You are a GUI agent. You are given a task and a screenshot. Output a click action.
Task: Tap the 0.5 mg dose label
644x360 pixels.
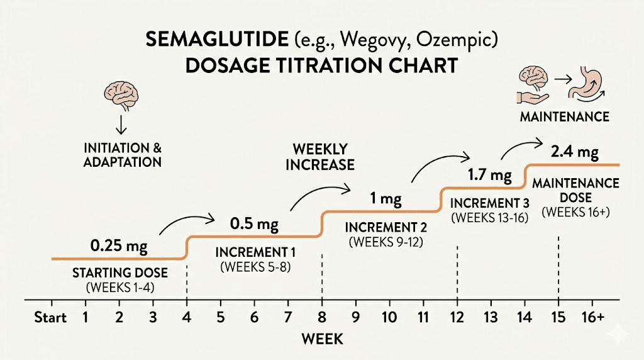pyautogui.click(x=255, y=224)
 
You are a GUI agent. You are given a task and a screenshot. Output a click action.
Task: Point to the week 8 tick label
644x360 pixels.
pyautogui.click(x=322, y=318)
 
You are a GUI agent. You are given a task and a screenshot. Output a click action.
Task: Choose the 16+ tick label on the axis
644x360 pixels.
pyautogui.click(x=592, y=318)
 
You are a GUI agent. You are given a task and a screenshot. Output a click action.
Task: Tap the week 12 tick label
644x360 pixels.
pyautogui.click(x=457, y=318)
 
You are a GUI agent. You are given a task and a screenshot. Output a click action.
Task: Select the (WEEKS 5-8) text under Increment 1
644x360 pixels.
pyautogui.click(x=255, y=267)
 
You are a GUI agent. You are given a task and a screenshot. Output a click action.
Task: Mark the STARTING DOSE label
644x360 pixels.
pyautogui.click(x=119, y=273)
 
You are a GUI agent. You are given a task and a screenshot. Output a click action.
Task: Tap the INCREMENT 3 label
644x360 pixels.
pyautogui.click(x=489, y=203)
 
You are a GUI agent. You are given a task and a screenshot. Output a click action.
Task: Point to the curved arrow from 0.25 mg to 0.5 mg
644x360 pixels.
pyautogui.click(x=187, y=222)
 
